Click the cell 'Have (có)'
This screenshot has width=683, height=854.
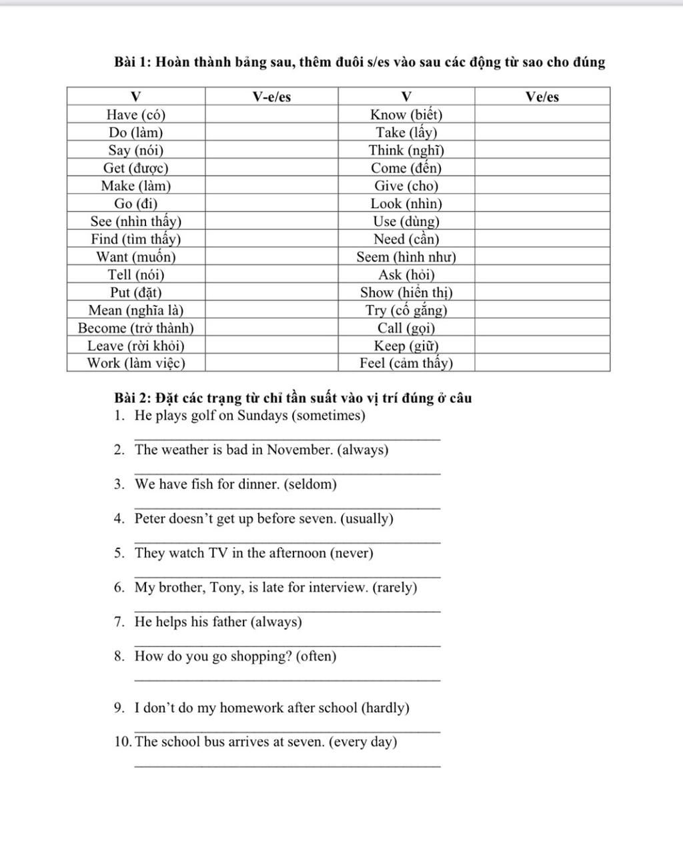[x=136, y=115]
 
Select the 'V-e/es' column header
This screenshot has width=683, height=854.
[x=271, y=97]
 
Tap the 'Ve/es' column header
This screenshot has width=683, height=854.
[x=542, y=97]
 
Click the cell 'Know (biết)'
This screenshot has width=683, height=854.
[x=406, y=115]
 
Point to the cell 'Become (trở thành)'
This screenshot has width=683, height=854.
[x=136, y=328]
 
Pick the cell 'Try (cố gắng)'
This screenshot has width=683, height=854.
[x=406, y=310]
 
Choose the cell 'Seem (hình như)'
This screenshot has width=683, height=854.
[x=406, y=257]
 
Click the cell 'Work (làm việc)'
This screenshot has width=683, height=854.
[x=136, y=364]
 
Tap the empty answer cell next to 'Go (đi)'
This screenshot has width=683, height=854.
[x=271, y=203]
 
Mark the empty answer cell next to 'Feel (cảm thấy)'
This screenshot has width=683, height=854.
[x=542, y=364]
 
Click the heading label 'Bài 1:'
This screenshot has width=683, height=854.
[x=133, y=63]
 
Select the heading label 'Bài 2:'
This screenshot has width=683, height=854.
[x=133, y=398]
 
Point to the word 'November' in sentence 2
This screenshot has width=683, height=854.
[x=299, y=450]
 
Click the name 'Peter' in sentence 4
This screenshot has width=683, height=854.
[x=150, y=519]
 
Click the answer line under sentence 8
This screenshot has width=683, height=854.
[x=287, y=680]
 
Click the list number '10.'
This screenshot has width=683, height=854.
[x=123, y=742]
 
